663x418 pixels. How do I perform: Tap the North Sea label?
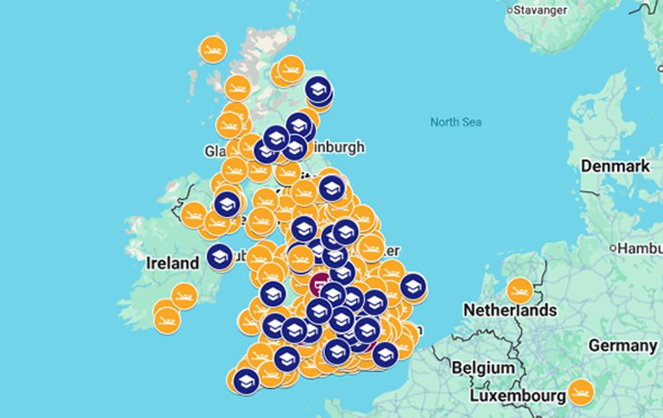(456, 122)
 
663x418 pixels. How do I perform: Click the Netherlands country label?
(510, 309)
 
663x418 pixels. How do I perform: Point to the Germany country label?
(623, 346)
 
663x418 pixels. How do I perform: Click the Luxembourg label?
(517, 396)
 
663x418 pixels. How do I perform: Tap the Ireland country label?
(172, 263)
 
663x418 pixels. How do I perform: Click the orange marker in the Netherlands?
(520, 289)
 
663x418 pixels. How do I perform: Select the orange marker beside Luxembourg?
(580, 392)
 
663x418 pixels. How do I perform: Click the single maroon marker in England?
(320, 284)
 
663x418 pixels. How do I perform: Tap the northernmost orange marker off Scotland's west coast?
(213, 49)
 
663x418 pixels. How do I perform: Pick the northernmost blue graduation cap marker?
(318, 89)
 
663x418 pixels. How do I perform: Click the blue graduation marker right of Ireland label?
(220, 257)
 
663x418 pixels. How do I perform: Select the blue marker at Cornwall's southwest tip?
(244, 381)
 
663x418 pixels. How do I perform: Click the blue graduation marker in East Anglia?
(413, 286)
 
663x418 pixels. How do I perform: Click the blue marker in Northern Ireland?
(227, 204)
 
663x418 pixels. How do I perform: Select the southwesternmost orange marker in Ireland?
(167, 320)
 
